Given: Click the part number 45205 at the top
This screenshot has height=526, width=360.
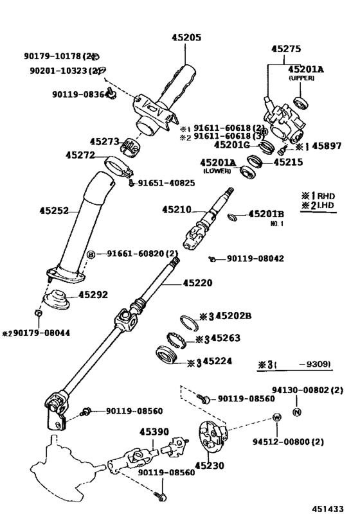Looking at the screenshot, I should pyautogui.click(x=186, y=37).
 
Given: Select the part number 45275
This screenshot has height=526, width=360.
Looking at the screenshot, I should pyautogui.click(x=286, y=48).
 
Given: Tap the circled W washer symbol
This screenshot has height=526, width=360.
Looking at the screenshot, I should pyautogui.click(x=276, y=418).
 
